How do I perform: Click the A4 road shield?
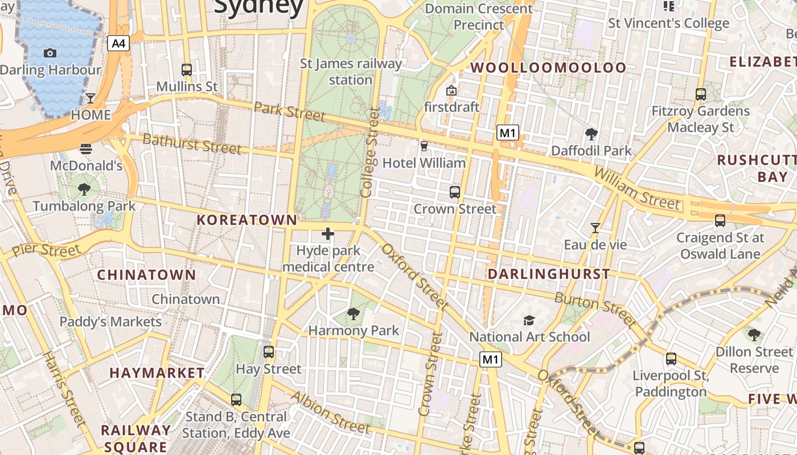[118, 43]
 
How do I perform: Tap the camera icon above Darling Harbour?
[50, 53]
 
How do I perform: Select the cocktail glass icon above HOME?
[91, 98]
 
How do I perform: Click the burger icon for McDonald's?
[86, 149]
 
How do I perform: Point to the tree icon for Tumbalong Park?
[84, 189]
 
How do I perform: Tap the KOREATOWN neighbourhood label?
[247, 220]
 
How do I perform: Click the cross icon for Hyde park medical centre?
[328, 233]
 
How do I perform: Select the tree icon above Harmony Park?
[354, 313]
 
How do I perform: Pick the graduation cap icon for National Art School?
[529, 320]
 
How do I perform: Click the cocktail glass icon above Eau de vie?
[595, 227]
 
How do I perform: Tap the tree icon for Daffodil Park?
[591, 134]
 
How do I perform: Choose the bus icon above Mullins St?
[187, 70]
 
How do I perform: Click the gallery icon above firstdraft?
[451, 90]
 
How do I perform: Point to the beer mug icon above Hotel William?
[424, 146]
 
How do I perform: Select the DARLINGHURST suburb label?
[549, 274]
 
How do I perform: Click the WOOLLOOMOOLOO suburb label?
[548, 68]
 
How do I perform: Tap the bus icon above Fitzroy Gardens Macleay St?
[701, 94]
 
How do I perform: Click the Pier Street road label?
[47, 250]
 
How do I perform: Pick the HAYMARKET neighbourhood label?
[157, 373]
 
